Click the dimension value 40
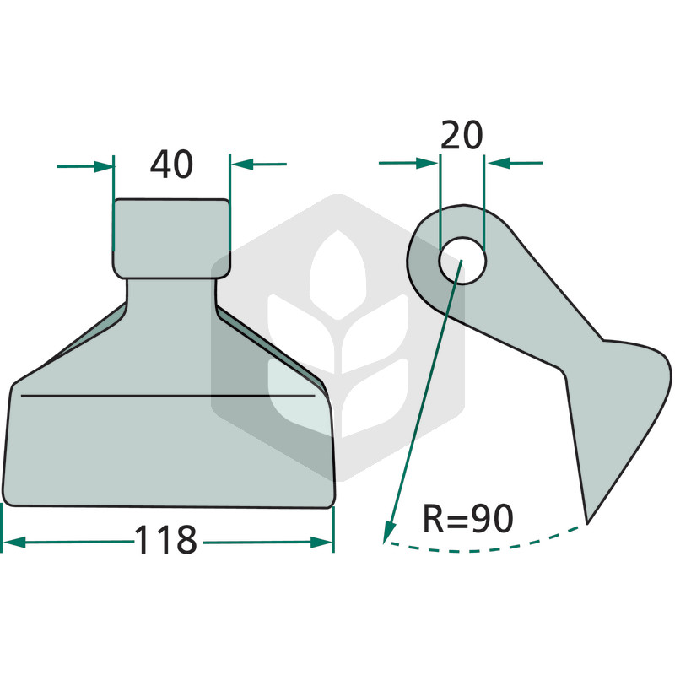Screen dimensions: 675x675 (x=171, y=164)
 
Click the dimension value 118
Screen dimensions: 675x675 (x=166, y=539)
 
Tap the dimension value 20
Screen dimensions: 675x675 (x=462, y=135)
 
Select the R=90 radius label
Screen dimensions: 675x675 (x=468, y=518)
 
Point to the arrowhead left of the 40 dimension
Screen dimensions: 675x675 (x=104, y=166)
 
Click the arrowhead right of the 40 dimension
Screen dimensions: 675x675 (x=241, y=164)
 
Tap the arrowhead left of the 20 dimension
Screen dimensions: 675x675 (x=428, y=163)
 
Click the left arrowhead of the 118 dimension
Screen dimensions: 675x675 (x=13, y=543)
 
